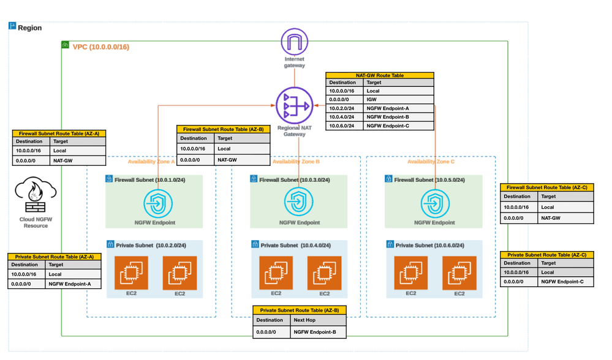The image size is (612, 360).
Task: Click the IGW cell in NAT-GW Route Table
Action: coord(372,99)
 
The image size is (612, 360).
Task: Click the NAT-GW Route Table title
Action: coord(380,75)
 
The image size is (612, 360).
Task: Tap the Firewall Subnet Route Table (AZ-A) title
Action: coord(59,133)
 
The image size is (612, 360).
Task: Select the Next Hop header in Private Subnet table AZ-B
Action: coord(304,320)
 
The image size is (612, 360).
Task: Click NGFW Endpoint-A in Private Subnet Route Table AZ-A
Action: coord(70,284)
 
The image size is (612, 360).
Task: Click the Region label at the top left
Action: coord(29,28)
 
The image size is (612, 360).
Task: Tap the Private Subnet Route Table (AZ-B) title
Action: coord(300,310)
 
